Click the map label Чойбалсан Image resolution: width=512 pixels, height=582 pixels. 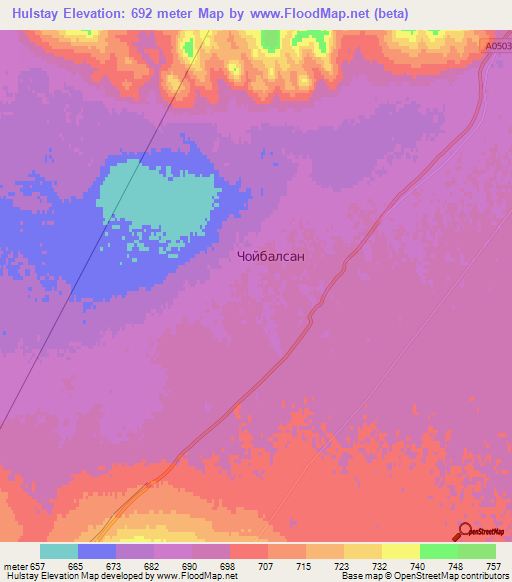tap(271, 256)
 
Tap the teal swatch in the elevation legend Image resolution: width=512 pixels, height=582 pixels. tap(59, 551)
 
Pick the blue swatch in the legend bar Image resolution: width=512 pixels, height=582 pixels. tap(97, 551)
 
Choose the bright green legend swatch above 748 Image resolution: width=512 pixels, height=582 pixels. tap(438, 551)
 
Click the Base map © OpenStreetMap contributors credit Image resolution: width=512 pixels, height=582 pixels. tap(421, 576)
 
